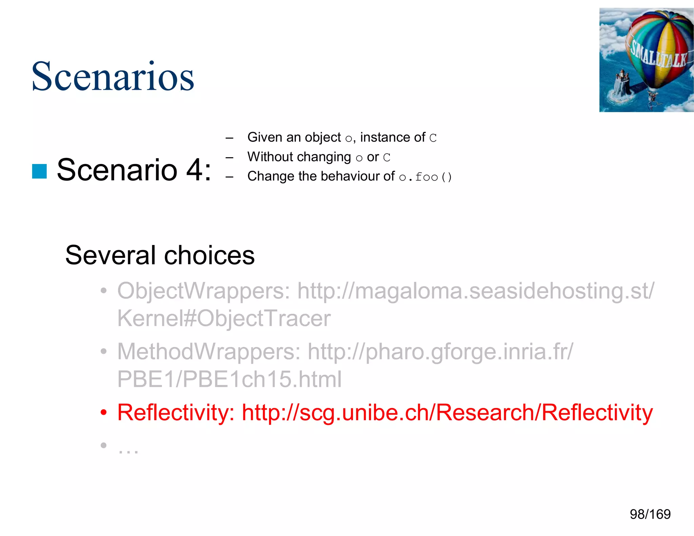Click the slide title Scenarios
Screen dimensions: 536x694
[113, 77]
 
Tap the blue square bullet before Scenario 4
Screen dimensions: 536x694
[39, 171]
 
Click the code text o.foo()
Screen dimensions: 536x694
[425, 177]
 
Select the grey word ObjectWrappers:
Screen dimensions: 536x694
[203, 291]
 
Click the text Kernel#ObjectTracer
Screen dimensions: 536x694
[224, 318]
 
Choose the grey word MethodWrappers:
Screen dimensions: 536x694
[208, 351]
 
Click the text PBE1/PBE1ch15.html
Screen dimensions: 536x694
[229, 379]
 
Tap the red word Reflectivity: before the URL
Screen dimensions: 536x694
[176, 412]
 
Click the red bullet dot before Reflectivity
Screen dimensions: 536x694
[103, 413]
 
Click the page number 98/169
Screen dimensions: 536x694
[650, 514]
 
